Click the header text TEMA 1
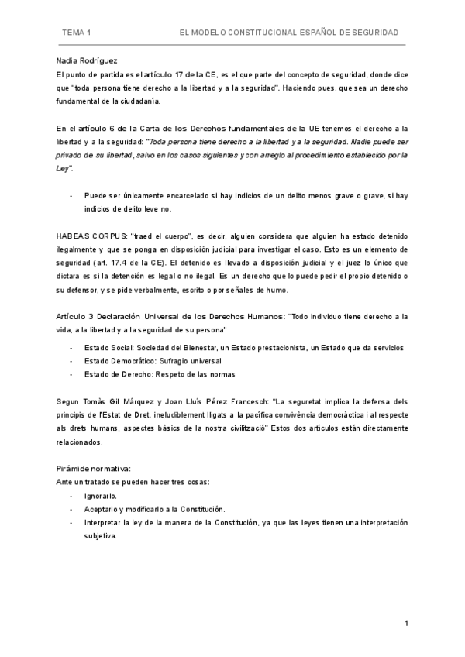77,33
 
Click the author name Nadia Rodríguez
87,60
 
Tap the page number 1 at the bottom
405,624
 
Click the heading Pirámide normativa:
93,469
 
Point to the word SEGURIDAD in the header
375,33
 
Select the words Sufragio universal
192,361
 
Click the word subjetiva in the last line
101,536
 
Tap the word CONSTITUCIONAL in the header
264,33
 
